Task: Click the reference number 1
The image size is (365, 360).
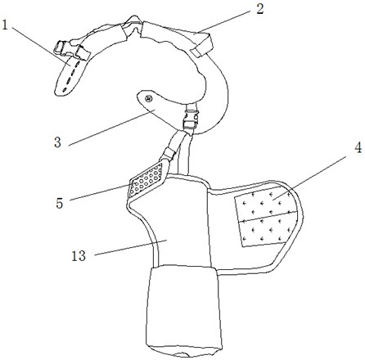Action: (x=4, y=25)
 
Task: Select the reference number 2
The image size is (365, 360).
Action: (x=259, y=9)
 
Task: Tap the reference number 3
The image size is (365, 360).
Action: (x=57, y=142)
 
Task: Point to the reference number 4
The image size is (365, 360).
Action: (x=358, y=148)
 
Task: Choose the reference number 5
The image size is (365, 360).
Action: (x=60, y=203)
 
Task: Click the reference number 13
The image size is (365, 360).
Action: (x=79, y=256)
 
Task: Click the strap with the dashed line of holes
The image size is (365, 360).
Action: (x=68, y=77)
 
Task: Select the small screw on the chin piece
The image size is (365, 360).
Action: (x=148, y=98)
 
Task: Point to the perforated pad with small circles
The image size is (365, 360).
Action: (x=146, y=179)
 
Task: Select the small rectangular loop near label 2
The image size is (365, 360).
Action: (x=202, y=46)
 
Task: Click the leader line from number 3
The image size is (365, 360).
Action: (x=112, y=128)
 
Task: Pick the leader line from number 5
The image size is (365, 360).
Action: (x=101, y=192)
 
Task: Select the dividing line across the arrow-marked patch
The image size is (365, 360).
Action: (x=268, y=217)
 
